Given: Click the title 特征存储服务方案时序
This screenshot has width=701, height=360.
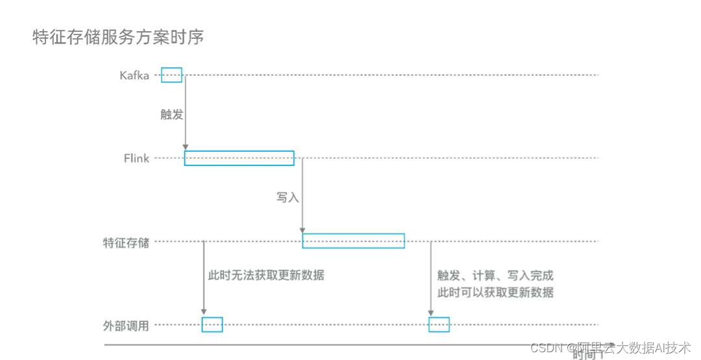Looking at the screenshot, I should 118,38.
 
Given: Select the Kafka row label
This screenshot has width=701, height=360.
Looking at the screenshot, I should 134,75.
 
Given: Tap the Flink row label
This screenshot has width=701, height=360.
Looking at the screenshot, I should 136,158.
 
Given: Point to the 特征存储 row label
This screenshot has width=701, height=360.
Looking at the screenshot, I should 126,243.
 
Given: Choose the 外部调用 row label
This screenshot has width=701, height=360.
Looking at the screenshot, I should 126,326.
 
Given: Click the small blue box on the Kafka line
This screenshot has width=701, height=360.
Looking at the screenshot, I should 171,75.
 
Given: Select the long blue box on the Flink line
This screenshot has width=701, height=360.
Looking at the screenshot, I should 239,158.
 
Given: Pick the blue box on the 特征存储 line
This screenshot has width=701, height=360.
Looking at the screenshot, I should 353,241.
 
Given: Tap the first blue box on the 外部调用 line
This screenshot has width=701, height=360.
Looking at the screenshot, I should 212,324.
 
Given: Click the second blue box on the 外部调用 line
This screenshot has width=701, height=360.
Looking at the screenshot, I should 439,324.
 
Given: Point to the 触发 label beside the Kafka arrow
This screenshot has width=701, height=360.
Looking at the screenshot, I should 172,115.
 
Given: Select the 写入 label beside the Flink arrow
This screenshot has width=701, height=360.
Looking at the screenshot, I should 288,198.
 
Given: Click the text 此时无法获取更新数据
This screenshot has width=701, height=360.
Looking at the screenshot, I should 266,275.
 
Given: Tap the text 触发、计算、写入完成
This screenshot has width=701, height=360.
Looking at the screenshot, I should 495,276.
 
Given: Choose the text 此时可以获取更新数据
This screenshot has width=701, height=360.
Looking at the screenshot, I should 495,292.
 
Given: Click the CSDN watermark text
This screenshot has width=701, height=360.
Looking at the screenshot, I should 610,348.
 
